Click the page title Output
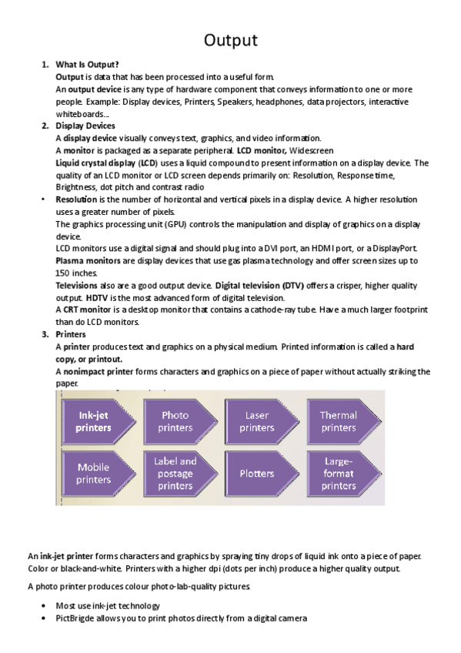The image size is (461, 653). click(x=230, y=40)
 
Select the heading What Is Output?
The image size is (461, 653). click(x=87, y=65)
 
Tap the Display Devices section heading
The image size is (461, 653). click(x=85, y=126)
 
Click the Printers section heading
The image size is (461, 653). click(x=71, y=335)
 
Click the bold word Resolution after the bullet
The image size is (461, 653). click(x=76, y=199)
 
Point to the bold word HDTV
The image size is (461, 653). click(x=97, y=297)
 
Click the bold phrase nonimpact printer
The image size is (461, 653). click(x=100, y=372)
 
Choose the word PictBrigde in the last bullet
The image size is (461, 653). click(x=77, y=618)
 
